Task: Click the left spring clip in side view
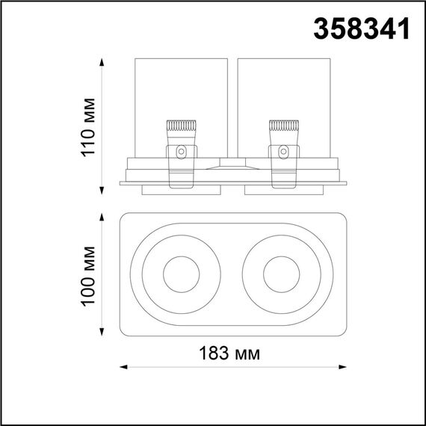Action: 180,153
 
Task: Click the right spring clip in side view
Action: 283,153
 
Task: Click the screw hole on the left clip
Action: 180,152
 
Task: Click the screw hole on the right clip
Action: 283,152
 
